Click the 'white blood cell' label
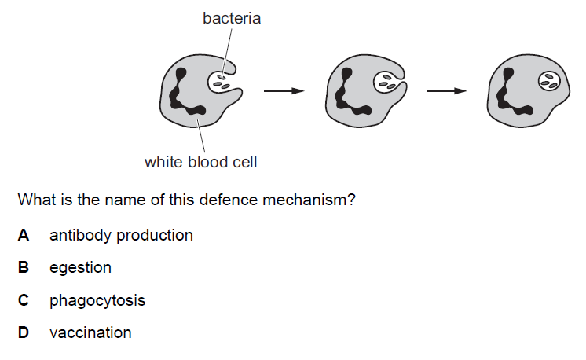pyautogui.click(x=200, y=163)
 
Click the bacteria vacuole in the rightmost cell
pyautogui.click(x=549, y=80)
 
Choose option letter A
pyautogui.click(x=24, y=235)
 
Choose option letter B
pyautogui.click(x=24, y=267)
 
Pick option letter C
pyautogui.click(x=24, y=300)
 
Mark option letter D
pyautogui.click(x=24, y=332)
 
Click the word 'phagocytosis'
pyautogui.click(x=97, y=300)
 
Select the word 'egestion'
pyautogui.click(x=80, y=267)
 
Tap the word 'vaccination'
pyautogui.click(x=90, y=332)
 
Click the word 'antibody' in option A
pyautogui.click(x=77, y=235)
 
